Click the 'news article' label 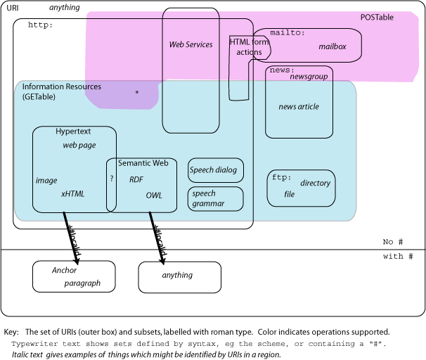point(299,107)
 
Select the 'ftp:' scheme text point(281,178)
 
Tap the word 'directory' point(315,184)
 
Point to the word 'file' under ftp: point(289,195)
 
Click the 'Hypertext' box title point(73,131)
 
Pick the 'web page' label point(79,146)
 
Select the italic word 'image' point(46,181)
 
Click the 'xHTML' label point(72,193)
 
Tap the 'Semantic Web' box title point(143,163)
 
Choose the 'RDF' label point(136,180)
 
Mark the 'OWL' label point(154,195)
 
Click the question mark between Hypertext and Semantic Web point(111,179)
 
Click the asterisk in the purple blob point(137,92)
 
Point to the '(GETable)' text point(39,97)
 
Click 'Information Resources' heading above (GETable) point(61,87)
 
